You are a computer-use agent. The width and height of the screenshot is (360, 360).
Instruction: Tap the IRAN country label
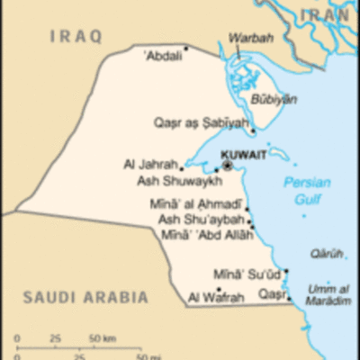327,14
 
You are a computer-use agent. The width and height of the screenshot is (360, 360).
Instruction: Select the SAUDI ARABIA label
85,296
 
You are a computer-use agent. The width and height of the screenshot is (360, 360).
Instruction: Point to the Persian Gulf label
307,190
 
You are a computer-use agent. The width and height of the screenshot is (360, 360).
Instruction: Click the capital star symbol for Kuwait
228,166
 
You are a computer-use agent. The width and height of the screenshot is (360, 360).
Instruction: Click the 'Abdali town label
163,55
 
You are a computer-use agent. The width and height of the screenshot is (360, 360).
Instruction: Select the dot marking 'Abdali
186,49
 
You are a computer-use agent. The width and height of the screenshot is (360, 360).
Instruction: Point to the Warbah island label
247,39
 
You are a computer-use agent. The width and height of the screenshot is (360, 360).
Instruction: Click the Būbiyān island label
274,99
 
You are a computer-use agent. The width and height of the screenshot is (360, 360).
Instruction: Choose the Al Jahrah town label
150,165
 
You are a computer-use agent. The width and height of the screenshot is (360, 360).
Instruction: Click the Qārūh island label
327,254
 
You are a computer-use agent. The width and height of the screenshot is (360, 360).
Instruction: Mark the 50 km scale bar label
102,338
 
